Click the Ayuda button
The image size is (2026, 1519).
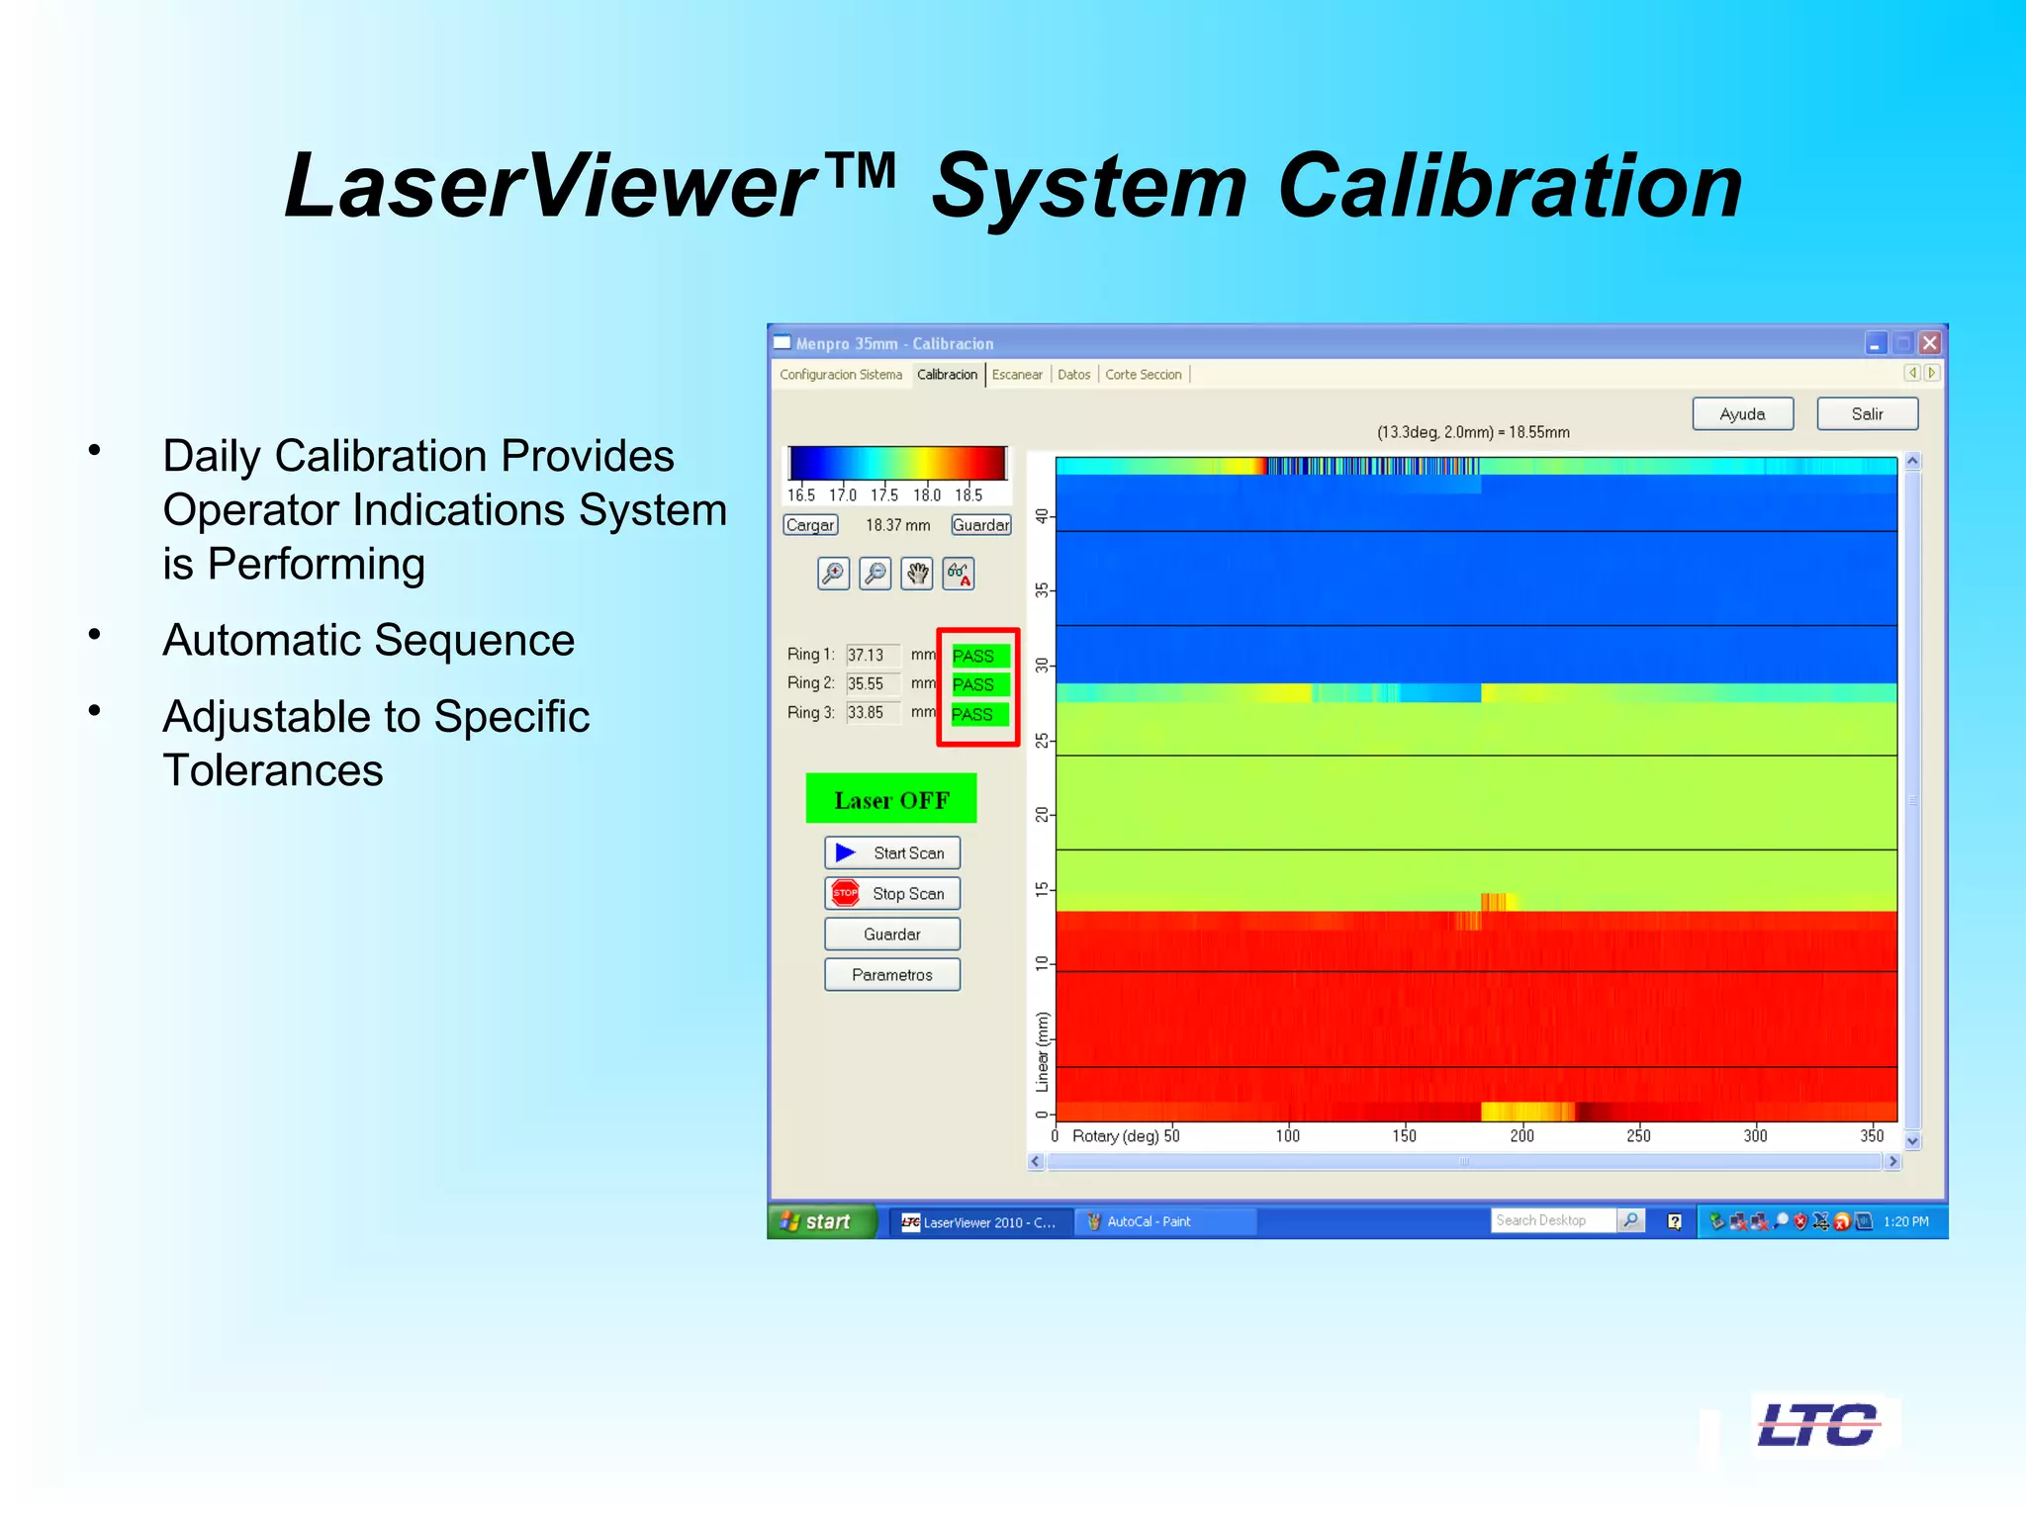(1742, 413)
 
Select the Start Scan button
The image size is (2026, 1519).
(891, 852)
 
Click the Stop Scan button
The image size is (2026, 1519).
(891, 893)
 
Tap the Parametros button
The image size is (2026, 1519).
(891, 974)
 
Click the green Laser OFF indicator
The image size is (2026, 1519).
(890, 799)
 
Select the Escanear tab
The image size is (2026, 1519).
(1016, 374)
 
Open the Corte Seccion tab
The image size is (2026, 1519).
(1143, 374)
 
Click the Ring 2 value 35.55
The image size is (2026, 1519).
(867, 683)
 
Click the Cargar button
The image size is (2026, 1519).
(810, 525)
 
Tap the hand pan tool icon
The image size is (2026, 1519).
(917, 574)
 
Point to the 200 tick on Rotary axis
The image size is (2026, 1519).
(1521, 1135)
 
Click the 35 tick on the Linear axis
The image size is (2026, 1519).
(1042, 590)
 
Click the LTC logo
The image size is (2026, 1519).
(1818, 1425)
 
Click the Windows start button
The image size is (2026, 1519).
(820, 1221)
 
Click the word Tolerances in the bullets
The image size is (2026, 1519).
(273, 770)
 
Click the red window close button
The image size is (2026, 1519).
(1929, 343)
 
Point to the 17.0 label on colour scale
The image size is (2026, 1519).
(843, 494)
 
